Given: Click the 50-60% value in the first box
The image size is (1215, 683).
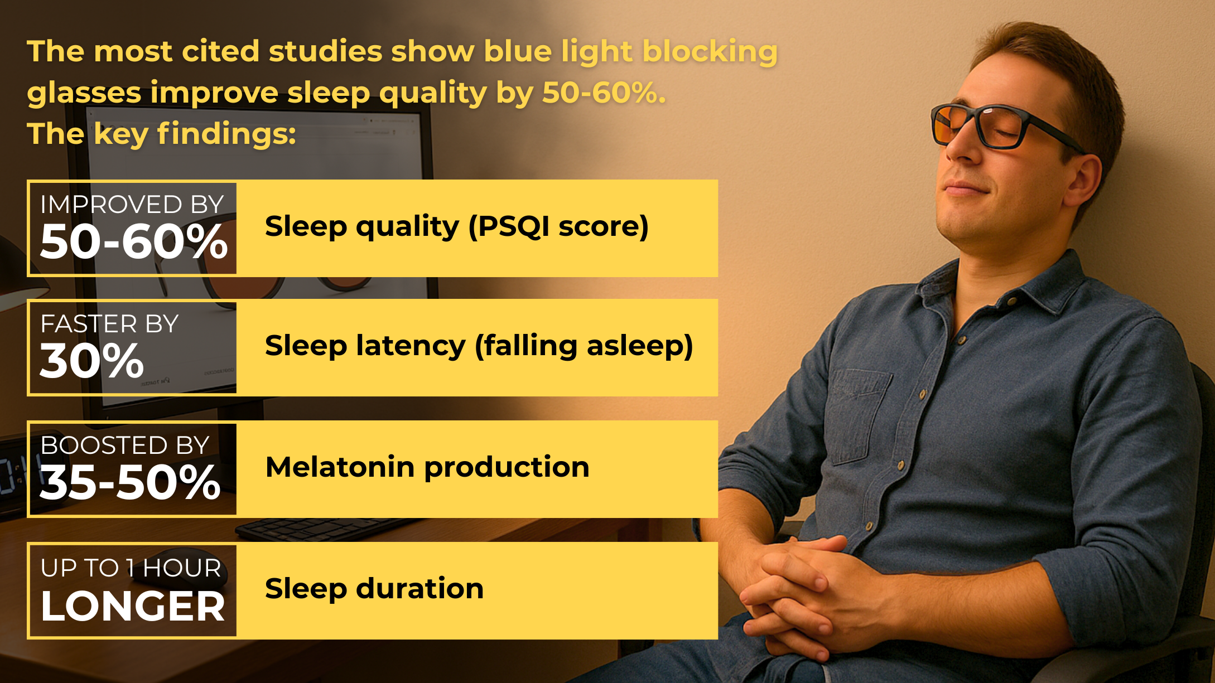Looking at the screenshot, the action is pos(134,242).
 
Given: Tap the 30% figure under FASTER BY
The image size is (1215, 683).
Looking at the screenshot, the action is pos(92,361).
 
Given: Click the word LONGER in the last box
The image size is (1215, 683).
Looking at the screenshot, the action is pos(133,606).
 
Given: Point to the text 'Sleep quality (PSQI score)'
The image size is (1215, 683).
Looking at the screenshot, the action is pos(457,227).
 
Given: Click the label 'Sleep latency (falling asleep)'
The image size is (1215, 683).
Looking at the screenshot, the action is pos(479,346).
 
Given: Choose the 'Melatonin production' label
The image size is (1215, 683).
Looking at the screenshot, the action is pos(427,467).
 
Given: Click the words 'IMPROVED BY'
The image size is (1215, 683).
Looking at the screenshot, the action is pos(132,205).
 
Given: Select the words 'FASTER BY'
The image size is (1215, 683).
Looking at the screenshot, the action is pos(109,324).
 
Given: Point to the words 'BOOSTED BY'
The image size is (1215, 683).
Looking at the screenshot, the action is pos(125,445).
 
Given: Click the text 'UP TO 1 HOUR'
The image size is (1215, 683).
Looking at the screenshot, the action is pos(131,568).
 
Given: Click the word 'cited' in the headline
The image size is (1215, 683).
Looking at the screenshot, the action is pos(220,51).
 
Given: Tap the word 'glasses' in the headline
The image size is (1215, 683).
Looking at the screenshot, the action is pos(84,93).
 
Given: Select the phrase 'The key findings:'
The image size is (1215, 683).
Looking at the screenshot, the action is pos(161,134).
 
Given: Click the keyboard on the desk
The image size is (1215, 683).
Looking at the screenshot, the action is pos(329,530).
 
